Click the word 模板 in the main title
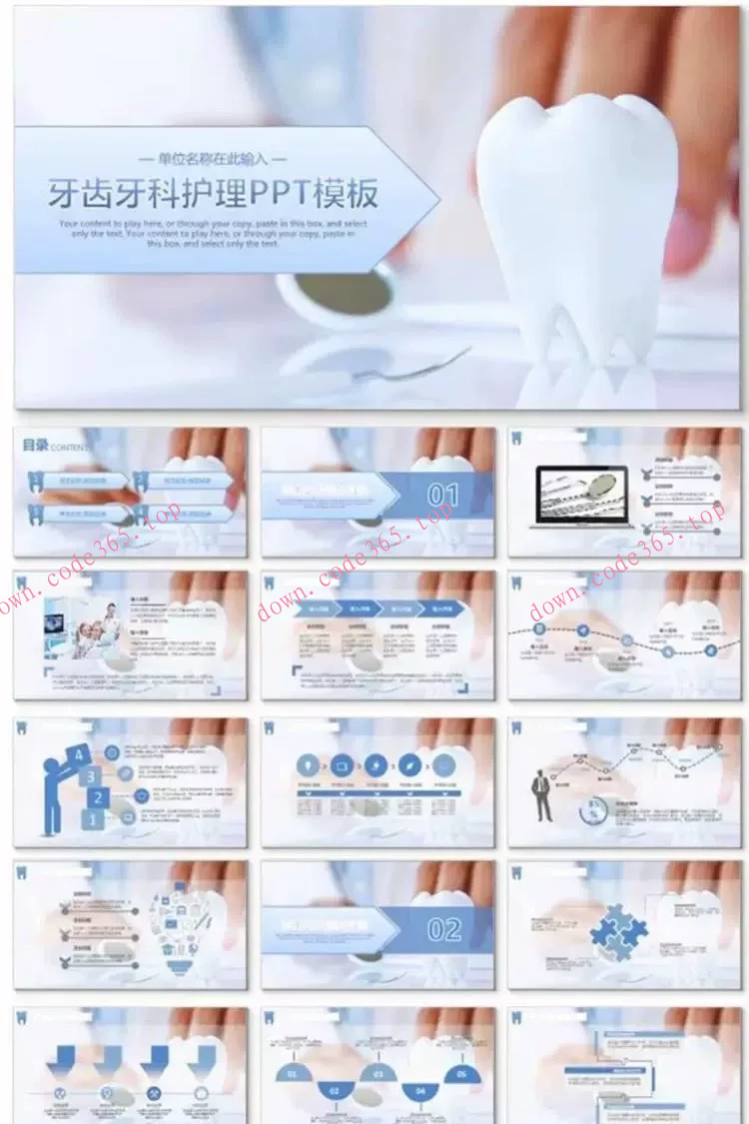(346, 193)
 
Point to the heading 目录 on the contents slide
(35, 446)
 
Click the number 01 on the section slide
(443, 495)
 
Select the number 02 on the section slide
(443, 930)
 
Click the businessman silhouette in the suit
(541, 794)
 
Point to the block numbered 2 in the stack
(98, 797)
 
